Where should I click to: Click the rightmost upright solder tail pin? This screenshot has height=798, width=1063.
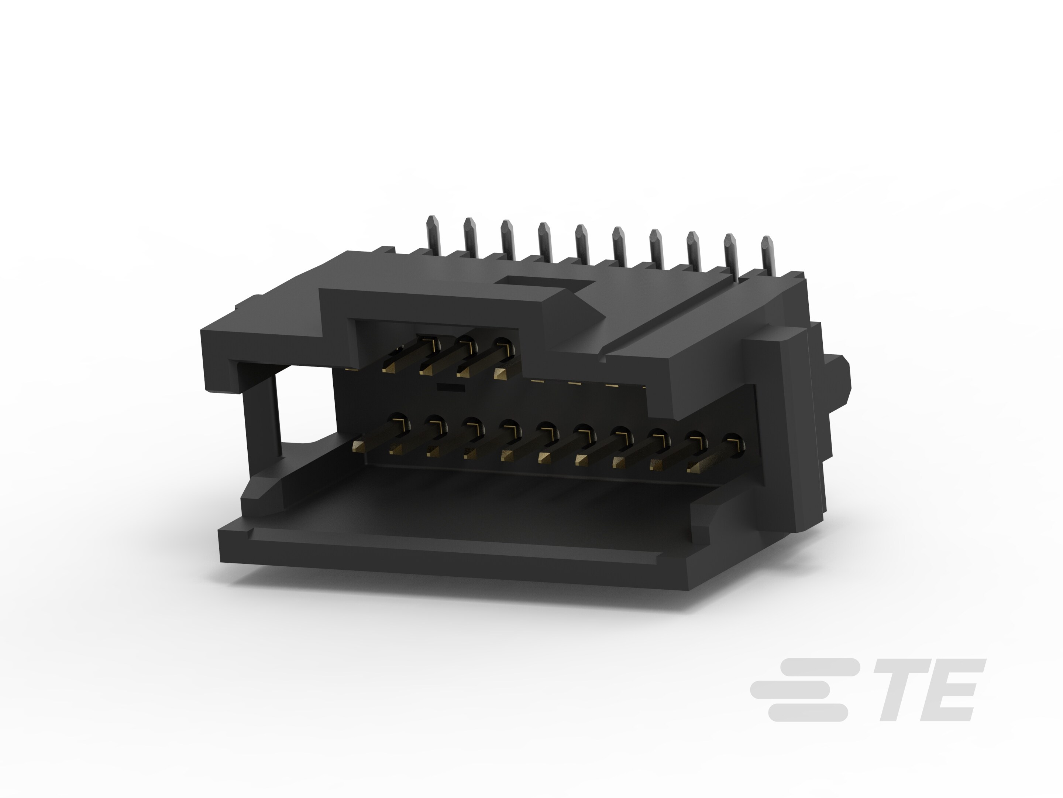tap(767, 255)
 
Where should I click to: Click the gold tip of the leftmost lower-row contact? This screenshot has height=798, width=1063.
tap(358, 445)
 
